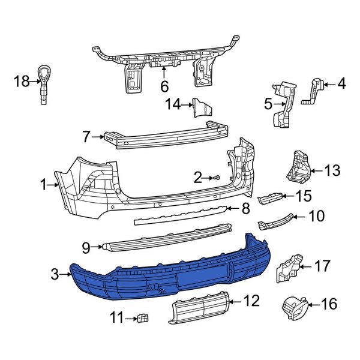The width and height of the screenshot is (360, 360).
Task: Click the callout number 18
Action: point(22,80)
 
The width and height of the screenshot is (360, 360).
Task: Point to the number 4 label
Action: point(341,84)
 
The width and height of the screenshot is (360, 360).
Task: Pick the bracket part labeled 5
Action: point(283,105)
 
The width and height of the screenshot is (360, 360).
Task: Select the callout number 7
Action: point(86,137)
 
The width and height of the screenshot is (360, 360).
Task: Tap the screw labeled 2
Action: point(217,178)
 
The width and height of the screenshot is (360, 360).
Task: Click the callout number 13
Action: point(332,170)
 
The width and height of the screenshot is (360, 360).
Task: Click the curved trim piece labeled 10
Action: point(276,223)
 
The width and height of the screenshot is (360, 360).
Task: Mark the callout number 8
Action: point(245,209)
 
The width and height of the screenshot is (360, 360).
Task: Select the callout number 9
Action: point(85,247)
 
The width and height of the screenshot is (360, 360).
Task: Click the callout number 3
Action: point(54,275)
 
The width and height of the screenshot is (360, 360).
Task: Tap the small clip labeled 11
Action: point(142,317)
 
